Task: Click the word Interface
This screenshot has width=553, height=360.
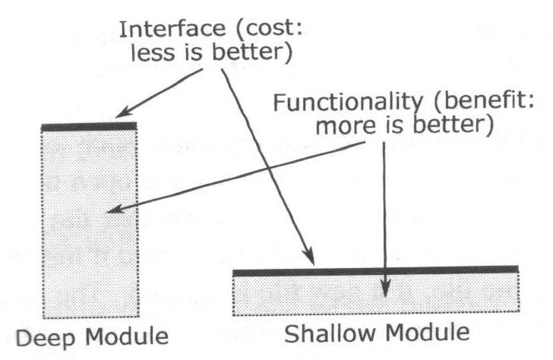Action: tap(172, 30)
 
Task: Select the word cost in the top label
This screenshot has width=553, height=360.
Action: tap(270, 29)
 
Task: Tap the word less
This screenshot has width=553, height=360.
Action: tap(153, 53)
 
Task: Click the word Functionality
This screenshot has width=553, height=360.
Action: tap(348, 103)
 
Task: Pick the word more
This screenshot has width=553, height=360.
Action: tap(346, 126)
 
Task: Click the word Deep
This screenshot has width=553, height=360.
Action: tap(45, 339)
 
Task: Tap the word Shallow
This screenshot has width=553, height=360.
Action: tap(330, 333)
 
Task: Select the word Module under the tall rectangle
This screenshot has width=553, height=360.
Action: tap(127, 336)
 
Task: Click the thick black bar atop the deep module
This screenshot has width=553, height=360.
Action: tap(89, 127)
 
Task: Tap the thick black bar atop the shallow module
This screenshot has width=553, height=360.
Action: tap(375, 271)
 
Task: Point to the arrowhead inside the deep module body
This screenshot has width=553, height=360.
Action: tap(115, 209)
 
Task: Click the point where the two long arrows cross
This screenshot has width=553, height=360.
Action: tap(269, 169)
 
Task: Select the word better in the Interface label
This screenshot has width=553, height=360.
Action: tap(252, 52)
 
